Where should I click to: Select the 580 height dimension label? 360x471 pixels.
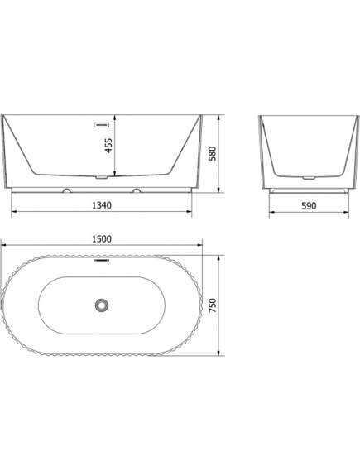(214, 153)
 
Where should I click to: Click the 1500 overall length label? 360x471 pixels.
(103, 238)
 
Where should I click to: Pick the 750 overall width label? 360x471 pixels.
(214, 305)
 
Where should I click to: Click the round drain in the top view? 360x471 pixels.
(103, 305)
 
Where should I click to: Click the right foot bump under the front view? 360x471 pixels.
(137, 190)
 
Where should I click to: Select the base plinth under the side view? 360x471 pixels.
(307, 189)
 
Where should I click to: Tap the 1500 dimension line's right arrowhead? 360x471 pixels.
(204, 246)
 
